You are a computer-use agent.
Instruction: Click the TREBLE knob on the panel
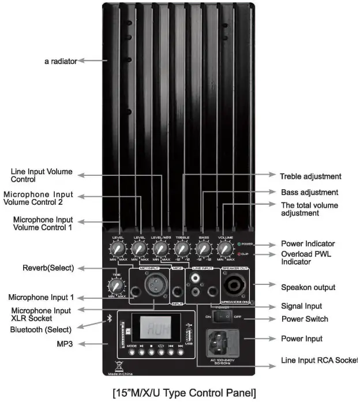[182, 249]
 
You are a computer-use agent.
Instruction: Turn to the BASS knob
[204, 249]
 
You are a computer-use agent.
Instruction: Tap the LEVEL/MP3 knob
[160, 249]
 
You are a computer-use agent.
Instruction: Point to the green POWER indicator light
[238, 244]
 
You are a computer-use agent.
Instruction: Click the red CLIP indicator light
[238, 253]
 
